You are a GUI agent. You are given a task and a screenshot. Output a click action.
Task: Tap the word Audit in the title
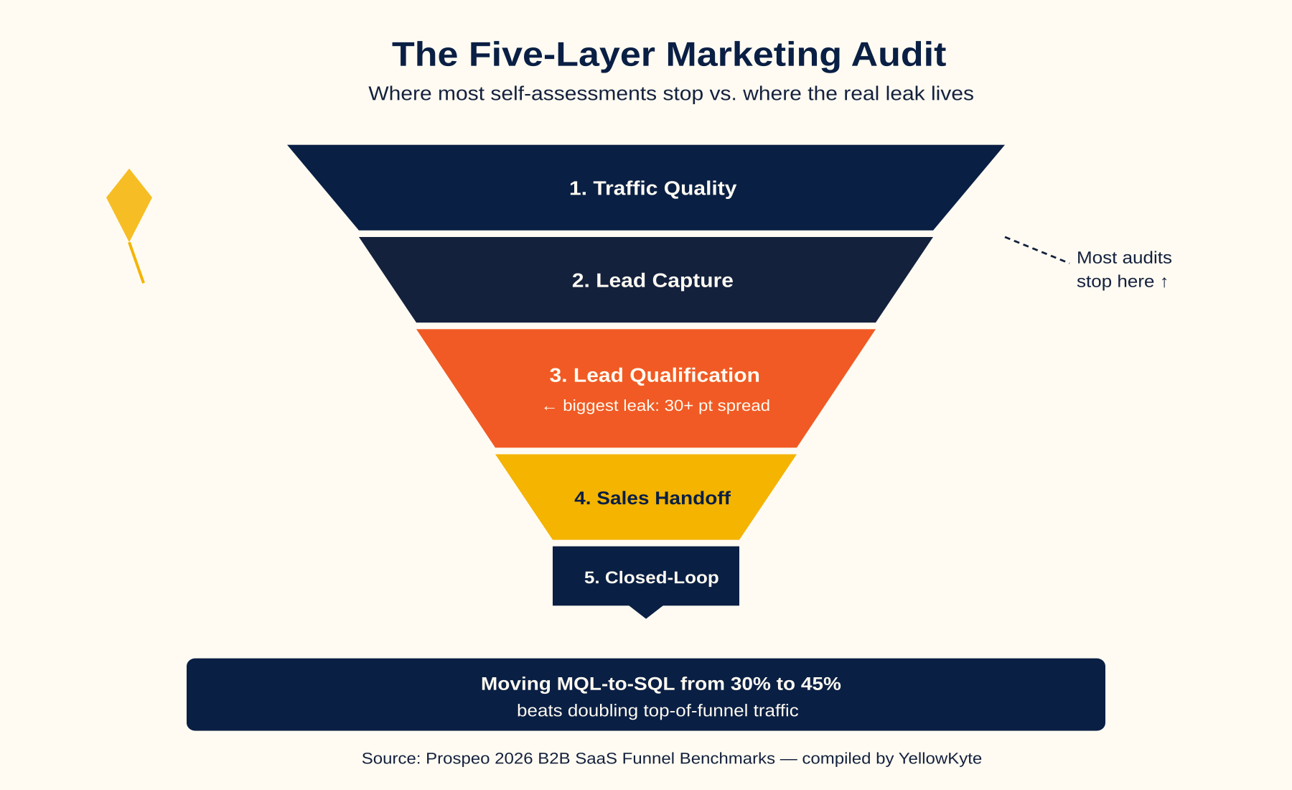[x=899, y=55]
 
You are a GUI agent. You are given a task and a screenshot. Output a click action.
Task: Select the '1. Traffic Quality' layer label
[x=652, y=188]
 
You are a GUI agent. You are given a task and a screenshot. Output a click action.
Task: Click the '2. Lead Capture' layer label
[x=652, y=280]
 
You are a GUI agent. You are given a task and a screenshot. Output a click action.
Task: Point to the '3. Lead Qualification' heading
[x=655, y=375]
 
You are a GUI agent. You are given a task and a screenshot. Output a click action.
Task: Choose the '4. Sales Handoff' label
[x=652, y=498]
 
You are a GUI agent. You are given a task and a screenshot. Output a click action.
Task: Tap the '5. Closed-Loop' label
[x=651, y=577]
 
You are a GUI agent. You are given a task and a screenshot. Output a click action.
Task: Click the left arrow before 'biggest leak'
[x=550, y=407]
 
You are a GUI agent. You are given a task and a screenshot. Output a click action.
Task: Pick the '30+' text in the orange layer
[x=678, y=405]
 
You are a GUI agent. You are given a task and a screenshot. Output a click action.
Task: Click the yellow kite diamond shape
[x=129, y=205]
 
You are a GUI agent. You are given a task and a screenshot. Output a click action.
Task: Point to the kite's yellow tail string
[x=136, y=262]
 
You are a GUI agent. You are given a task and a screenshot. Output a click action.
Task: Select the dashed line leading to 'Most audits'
[x=1036, y=249]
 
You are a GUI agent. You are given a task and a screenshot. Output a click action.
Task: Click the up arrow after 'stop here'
[x=1164, y=282]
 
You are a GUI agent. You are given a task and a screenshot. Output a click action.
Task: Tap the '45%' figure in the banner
[x=820, y=684]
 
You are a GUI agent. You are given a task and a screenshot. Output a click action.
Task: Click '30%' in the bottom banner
[x=751, y=684]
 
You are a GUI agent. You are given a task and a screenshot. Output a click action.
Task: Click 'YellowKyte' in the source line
[x=940, y=758]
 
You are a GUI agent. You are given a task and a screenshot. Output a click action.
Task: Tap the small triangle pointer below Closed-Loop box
[x=646, y=612]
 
